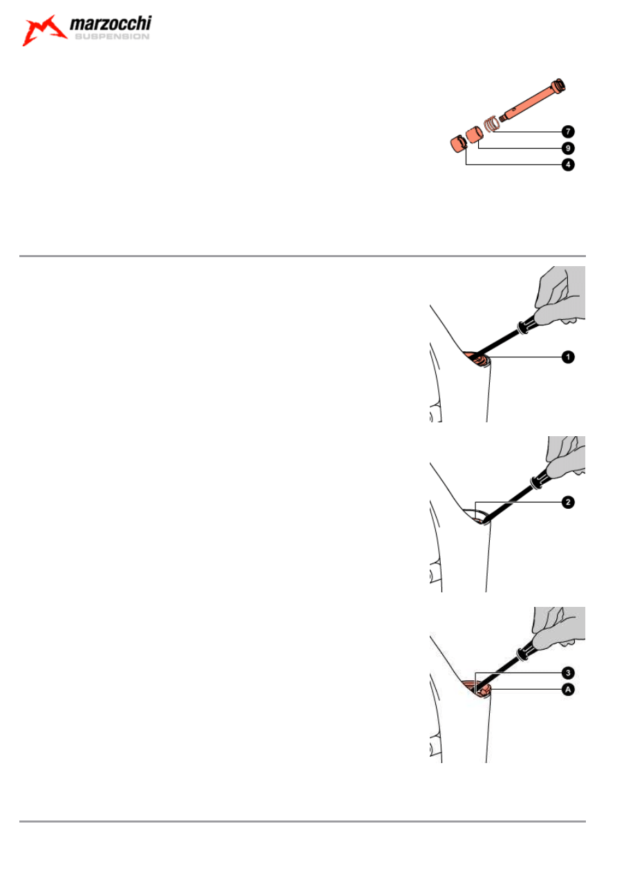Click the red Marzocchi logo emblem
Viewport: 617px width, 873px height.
(44, 30)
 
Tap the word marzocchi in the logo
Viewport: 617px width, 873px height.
(111, 24)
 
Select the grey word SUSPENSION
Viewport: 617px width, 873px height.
(112, 37)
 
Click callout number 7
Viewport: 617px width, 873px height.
(568, 132)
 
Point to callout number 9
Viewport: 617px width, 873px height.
(568, 148)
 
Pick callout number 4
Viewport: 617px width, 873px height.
(568, 165)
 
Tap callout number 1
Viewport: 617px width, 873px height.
(568, 357)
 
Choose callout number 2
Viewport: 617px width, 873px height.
(568, 503)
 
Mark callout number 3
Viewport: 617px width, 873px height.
(568, 673)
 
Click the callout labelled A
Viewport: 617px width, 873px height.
(568, 690)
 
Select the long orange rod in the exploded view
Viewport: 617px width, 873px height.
(532, 100)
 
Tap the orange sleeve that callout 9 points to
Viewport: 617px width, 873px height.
(475, 135)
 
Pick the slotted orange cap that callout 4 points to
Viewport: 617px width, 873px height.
(459, 144)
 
